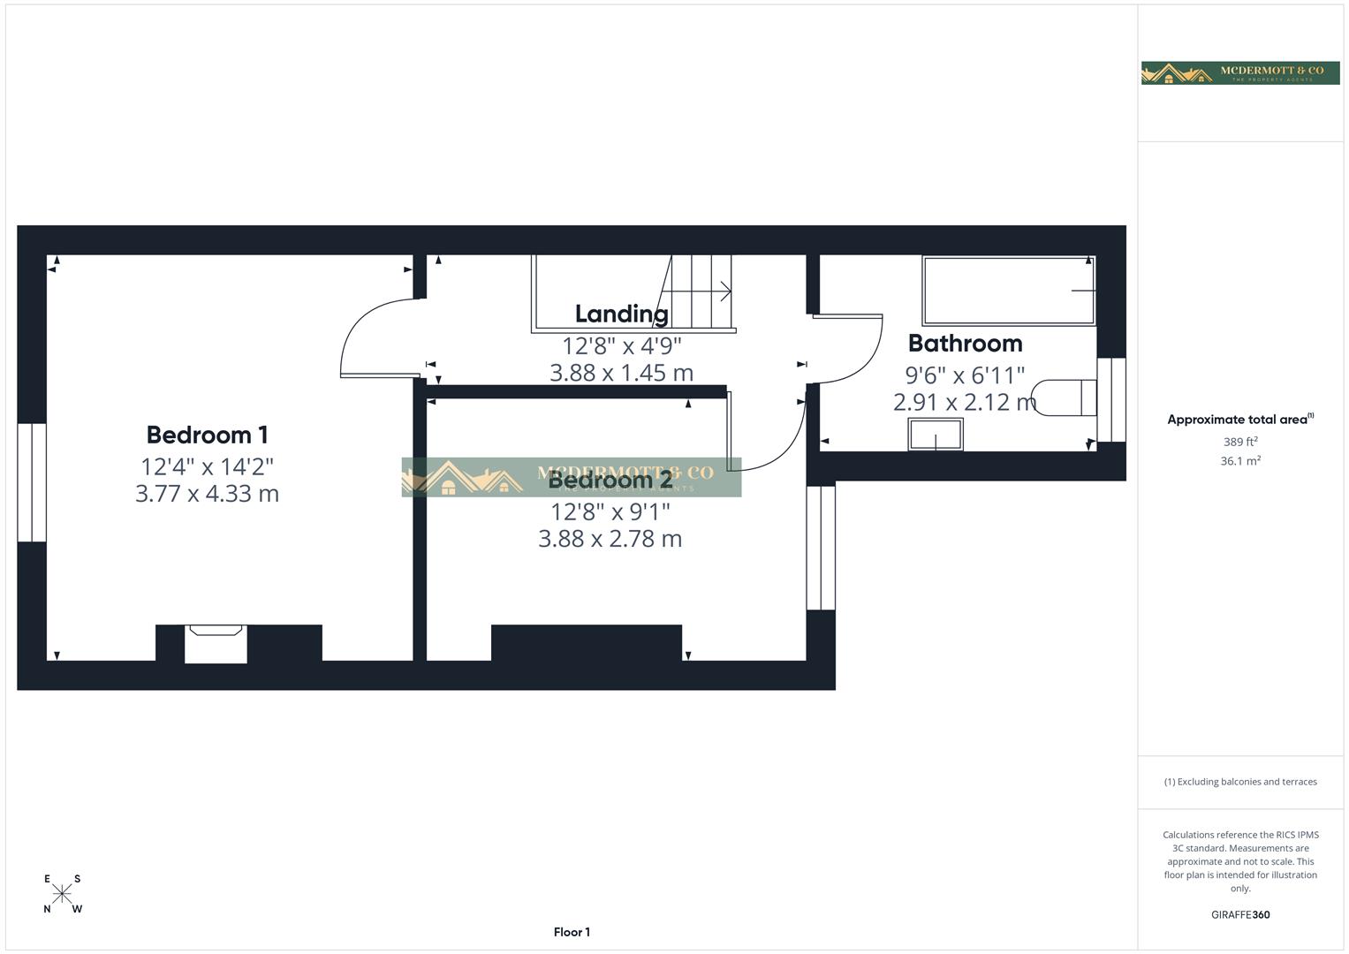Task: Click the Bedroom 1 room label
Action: (207, 435)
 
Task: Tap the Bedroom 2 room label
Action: (610, 481)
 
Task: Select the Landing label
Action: (621, 314)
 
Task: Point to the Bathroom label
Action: (965, 343)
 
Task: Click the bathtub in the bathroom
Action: (1008, 291)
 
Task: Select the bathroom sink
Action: (936, 435)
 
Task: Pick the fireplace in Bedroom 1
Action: (216, 643)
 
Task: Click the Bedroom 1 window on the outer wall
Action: (32, 482)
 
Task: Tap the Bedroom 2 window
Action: (821, 548)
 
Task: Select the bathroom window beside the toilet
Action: (1111, 399)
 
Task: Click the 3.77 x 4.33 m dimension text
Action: (207, 494)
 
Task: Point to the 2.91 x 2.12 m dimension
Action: (965, 403)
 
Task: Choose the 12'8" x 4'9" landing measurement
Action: (621, 345)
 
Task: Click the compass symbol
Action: (62, 893)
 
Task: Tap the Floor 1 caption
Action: (572, 932)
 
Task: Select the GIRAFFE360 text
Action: (1240, 915)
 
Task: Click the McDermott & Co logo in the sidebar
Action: (1240, 72)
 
